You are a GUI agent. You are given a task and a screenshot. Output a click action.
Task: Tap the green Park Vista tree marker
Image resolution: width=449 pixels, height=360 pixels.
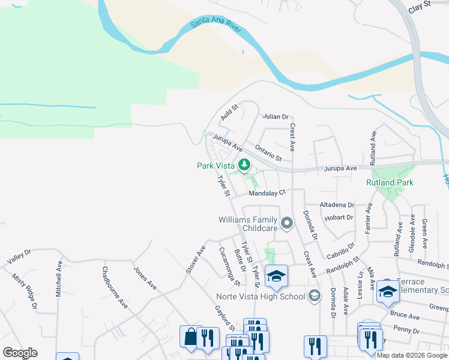tap(244, 164)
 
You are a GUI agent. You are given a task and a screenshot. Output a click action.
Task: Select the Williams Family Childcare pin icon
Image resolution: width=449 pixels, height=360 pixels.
tap(287, 224)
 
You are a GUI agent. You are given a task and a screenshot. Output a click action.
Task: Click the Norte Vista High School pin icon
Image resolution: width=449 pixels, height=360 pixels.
tap(314, 296)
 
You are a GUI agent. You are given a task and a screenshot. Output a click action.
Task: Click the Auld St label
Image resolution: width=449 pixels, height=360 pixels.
tap(229, 112)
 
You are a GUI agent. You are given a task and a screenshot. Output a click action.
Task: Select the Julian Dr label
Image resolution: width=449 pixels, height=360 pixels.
tap(276, 116)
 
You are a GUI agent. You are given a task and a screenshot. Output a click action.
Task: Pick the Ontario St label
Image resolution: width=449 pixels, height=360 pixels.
tap(268, 152)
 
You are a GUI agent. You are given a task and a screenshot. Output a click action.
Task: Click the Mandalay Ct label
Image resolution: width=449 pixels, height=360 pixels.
tap(267, 193)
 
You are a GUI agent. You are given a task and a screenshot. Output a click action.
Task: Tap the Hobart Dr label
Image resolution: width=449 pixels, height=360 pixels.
tap(340, 217)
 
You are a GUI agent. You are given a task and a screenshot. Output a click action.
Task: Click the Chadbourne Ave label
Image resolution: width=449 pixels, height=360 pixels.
tap(115, 287)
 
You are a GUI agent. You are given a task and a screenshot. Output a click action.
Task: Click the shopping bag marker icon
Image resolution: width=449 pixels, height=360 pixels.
tap(190, 337)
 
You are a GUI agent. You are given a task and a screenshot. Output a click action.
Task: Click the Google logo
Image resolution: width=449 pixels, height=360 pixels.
tap(20, 353)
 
